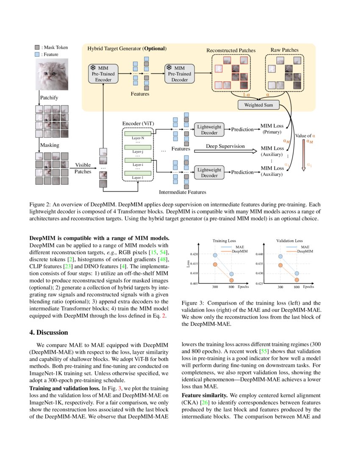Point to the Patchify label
coord(49,98)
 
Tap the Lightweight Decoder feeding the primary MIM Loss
coord(209,130)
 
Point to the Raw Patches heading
coord(284,50)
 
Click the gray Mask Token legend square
coord(37,47)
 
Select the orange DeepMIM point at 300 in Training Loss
coord(215,265)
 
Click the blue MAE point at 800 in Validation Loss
coord(297,274)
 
